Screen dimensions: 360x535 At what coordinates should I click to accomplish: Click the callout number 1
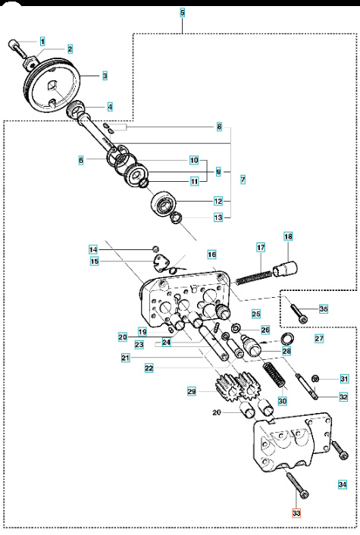tap(42, 42)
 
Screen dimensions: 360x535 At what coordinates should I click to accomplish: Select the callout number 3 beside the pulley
tap(105, 76)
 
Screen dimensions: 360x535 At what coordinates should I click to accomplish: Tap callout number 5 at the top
tap(183, 13)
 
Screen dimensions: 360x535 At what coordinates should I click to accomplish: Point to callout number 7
tap(243, 180)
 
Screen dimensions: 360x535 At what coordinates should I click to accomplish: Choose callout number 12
tap(218, 202)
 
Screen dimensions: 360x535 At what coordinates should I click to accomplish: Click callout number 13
tap(218, 217)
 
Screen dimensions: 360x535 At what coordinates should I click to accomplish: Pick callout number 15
tap(94, 261)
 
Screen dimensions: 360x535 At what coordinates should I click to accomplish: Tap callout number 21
tap(126, 358)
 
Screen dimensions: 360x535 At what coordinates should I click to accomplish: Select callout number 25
tap(256, 314)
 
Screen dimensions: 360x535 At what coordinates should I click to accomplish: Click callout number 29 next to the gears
tap(192, 391)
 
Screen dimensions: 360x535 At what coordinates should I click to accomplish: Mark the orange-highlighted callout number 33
tap(296, 513)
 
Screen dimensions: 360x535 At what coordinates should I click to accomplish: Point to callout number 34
tap(343, 484)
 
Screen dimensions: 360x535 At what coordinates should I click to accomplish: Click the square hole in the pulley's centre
tap(52, 85)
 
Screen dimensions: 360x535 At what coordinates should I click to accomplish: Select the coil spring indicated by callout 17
tap(254, 277)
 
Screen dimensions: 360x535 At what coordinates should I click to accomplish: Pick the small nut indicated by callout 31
tap(315, 378)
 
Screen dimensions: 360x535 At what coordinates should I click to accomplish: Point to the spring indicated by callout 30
tap(274, 375)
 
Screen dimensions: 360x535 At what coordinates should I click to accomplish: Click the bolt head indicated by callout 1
tap(12, 44)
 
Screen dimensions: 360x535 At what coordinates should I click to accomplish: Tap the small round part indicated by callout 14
tap(155, 249)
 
